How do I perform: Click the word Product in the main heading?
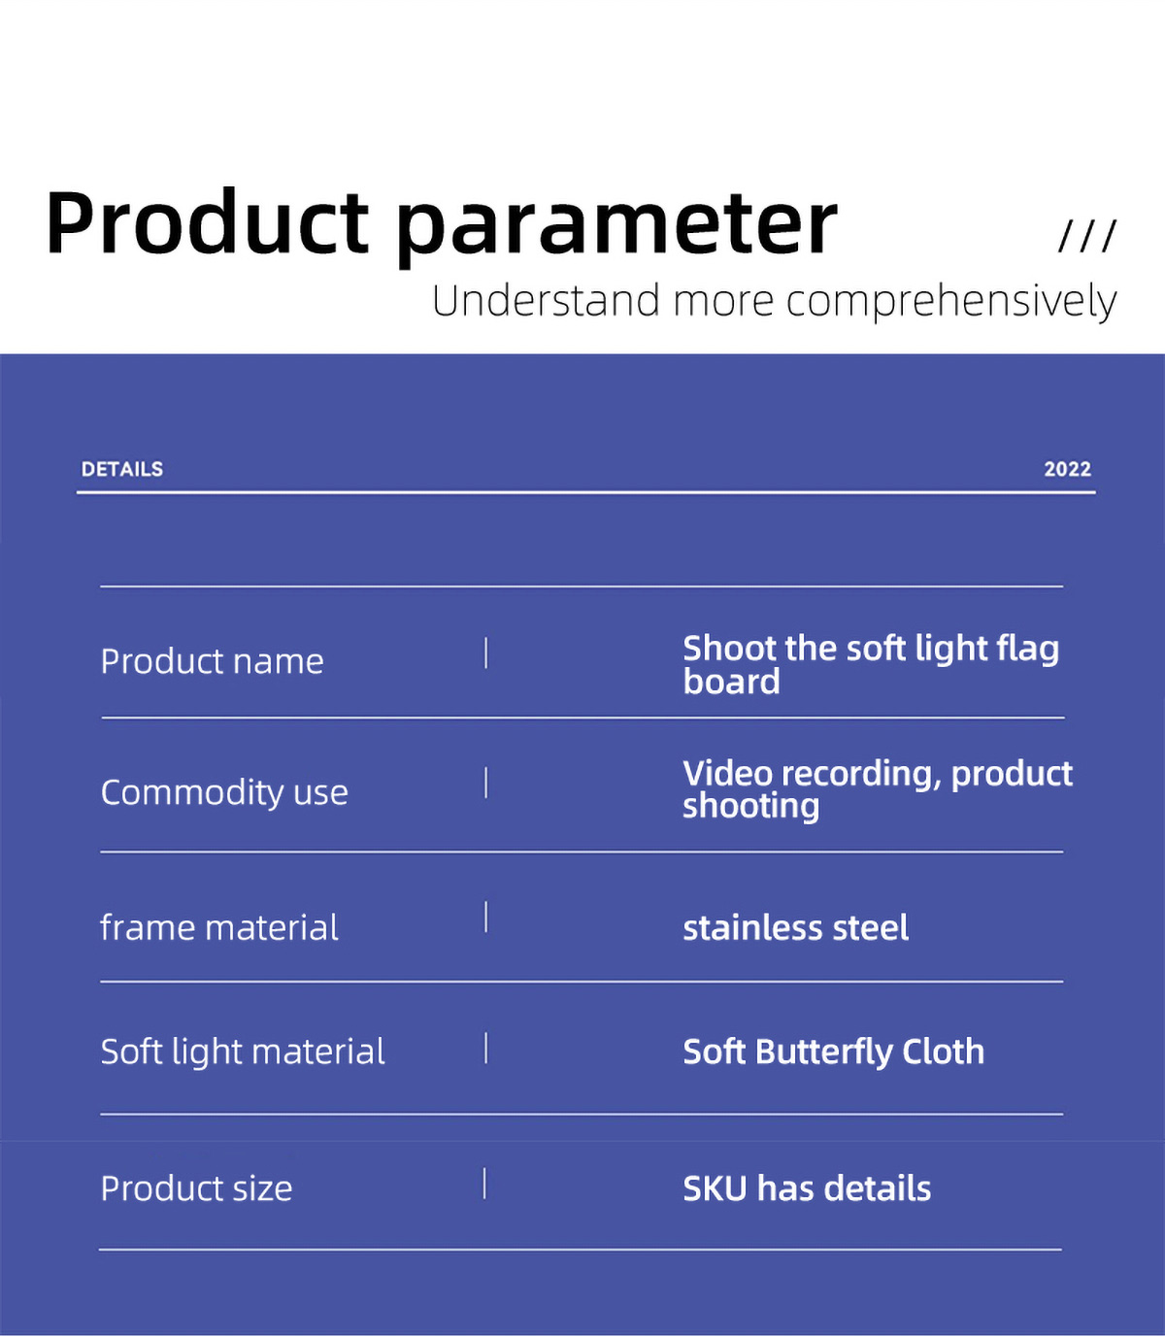point(208,222)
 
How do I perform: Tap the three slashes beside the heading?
point(1087,236)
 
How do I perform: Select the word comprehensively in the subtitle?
point(950,302)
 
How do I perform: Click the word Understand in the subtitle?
point(546,300)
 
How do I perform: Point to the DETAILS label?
point(122,469)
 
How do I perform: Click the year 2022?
point(1067,469)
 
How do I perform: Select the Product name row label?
point(212,661)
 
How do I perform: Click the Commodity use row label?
point(224,792)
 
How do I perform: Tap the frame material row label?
point(219,927)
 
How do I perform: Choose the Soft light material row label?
point(243,1052)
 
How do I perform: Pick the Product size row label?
point(196,1188)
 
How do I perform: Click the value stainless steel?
point(795,927)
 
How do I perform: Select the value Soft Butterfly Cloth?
point(833,1052)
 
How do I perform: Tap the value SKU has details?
point(807,1188)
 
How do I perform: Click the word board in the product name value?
point(731,682)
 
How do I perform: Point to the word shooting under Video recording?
point(750,807)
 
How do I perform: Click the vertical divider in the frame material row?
point(485,917)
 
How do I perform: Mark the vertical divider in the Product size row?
point(484,1184)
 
